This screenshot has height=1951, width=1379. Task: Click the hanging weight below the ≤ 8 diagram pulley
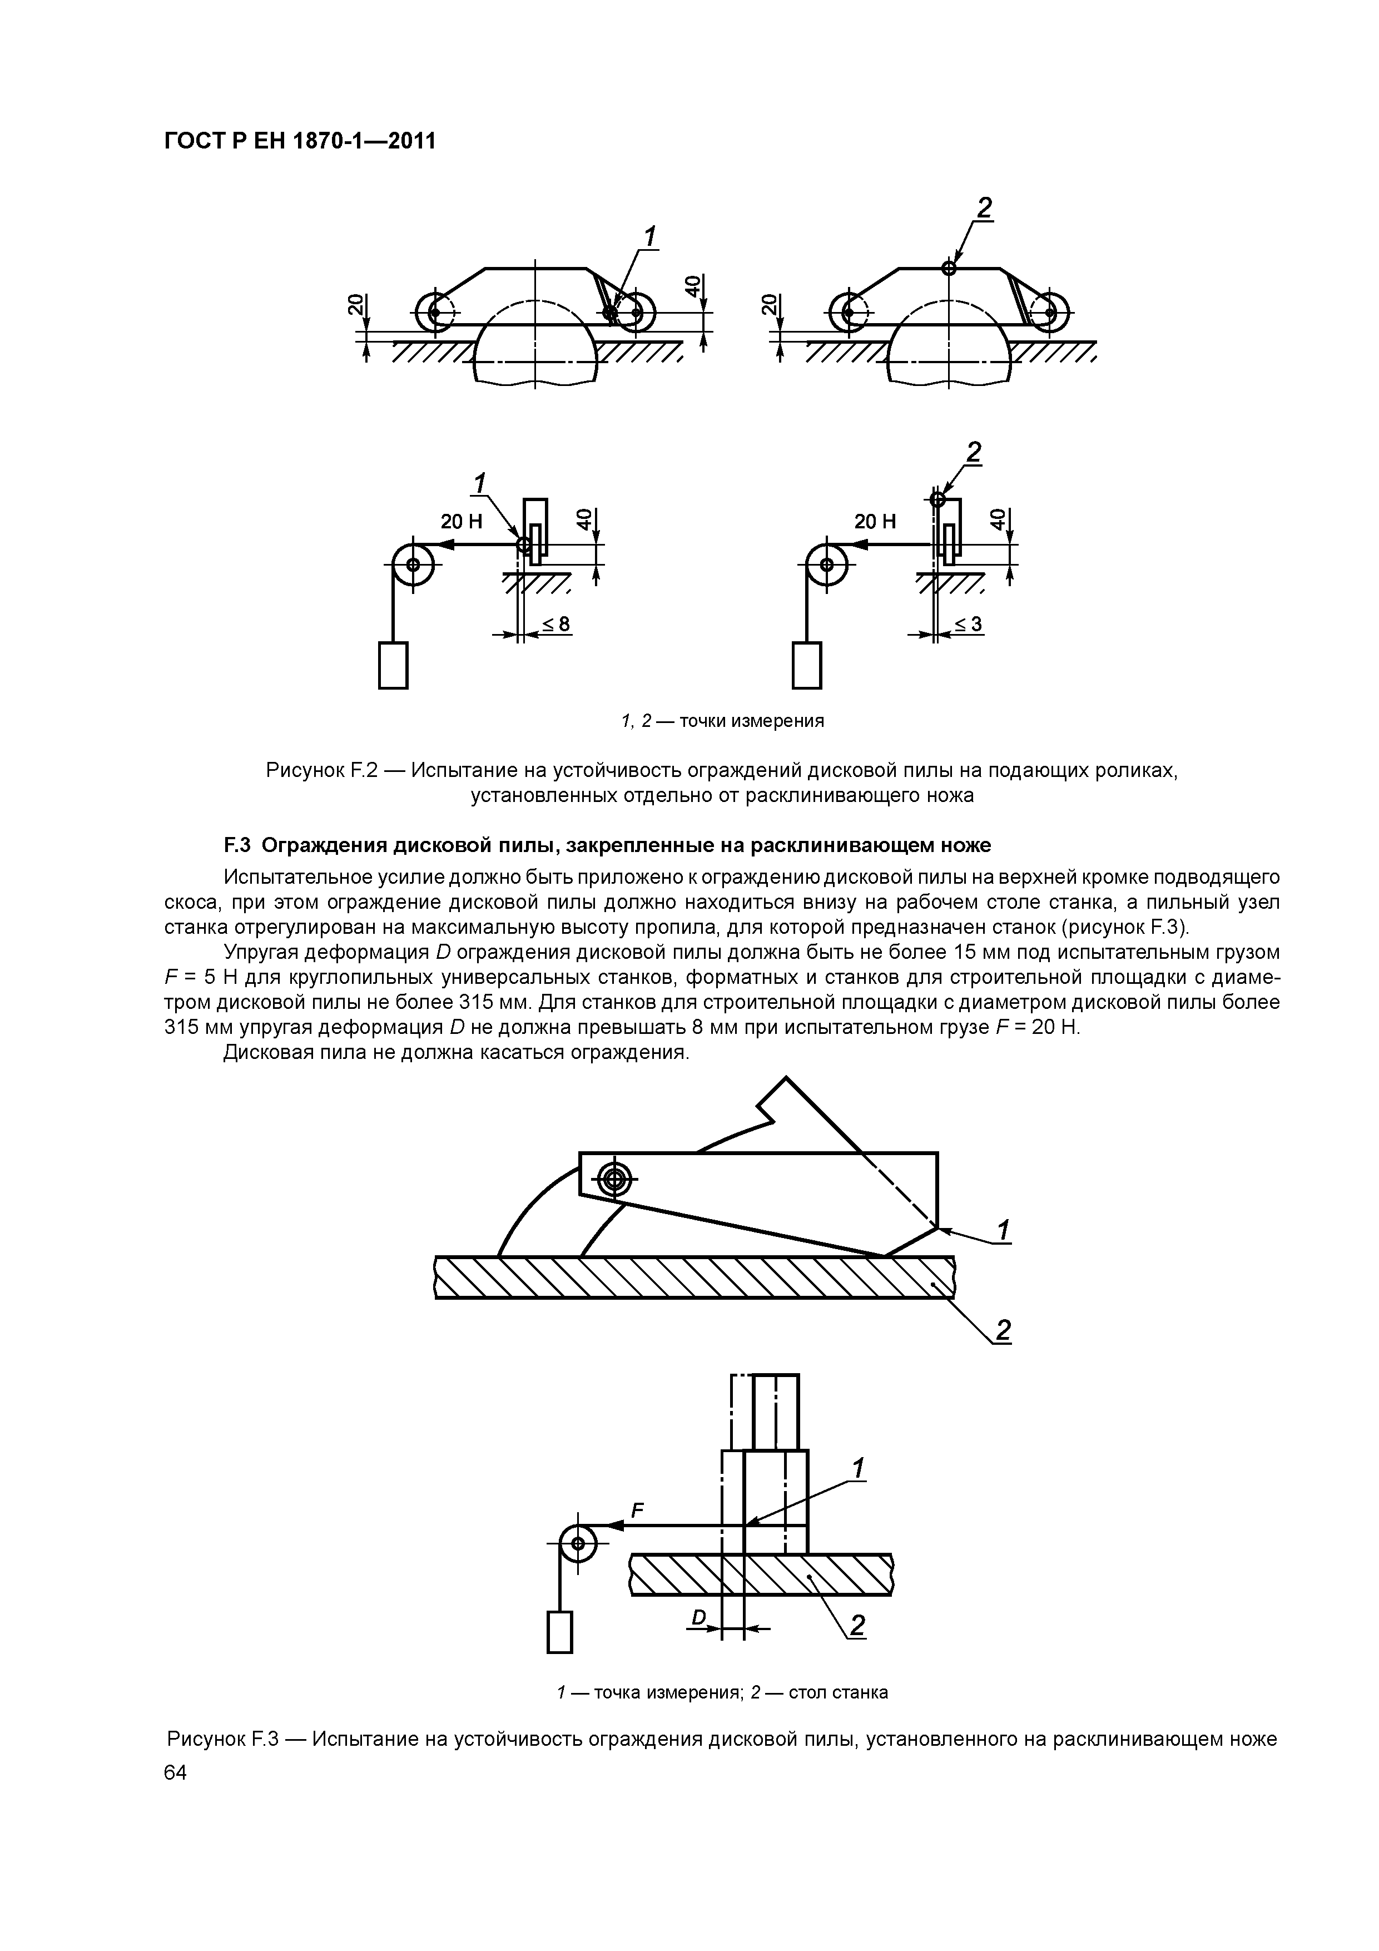(x=393, y=665)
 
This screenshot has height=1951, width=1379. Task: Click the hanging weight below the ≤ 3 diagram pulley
(x=806, y=665)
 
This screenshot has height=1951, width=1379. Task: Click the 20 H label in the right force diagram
(x=875, y=522)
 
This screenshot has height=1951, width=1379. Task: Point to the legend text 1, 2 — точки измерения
(x=722, y=721)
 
